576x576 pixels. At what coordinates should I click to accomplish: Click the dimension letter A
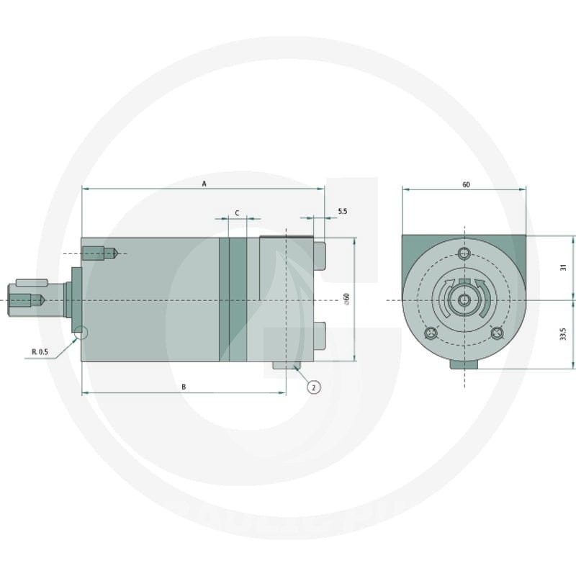[x=204, y=184]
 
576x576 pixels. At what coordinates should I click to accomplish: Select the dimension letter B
[x=184, y=387]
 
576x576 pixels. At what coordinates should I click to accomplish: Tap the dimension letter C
[x=237, y=213]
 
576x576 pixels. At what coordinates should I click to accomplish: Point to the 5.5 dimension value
[x=343, y=211]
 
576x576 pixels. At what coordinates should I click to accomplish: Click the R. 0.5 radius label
[x=40, y=352]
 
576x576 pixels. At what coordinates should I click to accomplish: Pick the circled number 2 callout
[x=313, y=387]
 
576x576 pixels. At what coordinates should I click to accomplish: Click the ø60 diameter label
[x=346, y=299]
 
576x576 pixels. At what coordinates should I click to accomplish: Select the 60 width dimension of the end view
[x=466, y=184]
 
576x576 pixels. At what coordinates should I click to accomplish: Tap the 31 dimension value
[x=564, y=267]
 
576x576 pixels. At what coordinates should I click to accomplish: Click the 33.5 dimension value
[x=563, y=334]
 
